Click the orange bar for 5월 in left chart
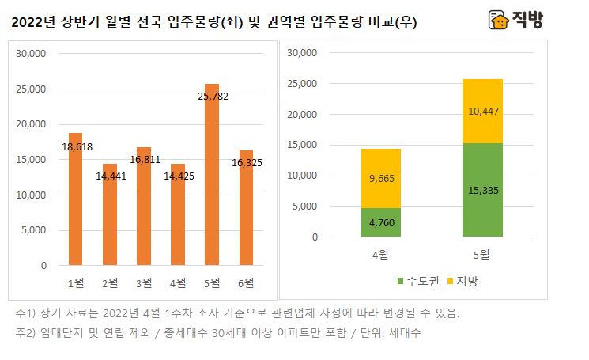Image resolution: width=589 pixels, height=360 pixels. pyautogui.click(x=212, y=175)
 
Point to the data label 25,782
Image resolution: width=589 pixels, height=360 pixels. pyautogui.click(x=212, y=97)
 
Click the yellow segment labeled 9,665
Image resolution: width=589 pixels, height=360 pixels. pyautogui.click(x=381, y=179)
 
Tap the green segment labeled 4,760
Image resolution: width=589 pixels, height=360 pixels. pyautogui.click(x=381, y=222)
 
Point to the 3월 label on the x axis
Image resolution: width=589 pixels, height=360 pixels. pyautogui.click(x=143, y=282)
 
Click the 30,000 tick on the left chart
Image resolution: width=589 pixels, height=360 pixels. pyautogui.click(x=32, y=54)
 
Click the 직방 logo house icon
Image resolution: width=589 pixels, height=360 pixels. pyautogui.click(x=498, y=20)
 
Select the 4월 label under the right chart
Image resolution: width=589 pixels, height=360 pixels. pyautogui.click(x=381, y=254)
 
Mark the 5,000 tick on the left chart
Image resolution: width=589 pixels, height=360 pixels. pyautogui.click(x=36, y=230)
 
